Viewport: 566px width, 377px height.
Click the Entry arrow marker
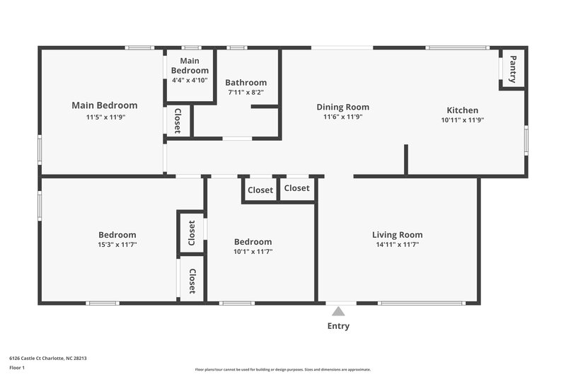[339, 311]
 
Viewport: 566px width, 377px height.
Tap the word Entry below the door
[338, 326]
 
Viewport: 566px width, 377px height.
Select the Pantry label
[513, 69]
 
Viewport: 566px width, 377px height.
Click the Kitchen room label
[462, 110]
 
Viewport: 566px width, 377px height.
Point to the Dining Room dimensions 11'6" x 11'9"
[342, 117]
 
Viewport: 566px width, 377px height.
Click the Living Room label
[397, 235]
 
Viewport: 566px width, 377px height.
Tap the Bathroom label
[246, 83]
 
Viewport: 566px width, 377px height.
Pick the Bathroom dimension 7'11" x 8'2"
[246, 93]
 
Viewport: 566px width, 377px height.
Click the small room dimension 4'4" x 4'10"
[190, 80]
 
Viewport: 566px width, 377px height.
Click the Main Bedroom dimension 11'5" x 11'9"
[105, 117]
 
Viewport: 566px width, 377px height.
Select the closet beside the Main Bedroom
[178, 121]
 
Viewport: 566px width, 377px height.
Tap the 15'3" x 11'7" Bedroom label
[117, 235]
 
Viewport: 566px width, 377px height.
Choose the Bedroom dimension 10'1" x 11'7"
[253, 251]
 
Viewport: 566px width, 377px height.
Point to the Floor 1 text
[17, 368]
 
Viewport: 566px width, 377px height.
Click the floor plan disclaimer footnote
[282, 369]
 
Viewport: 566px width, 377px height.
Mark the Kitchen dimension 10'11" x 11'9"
[462, 120]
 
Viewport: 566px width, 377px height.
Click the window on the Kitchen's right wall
[526, 139]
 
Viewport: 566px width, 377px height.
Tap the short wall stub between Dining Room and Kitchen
[405, 159]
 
